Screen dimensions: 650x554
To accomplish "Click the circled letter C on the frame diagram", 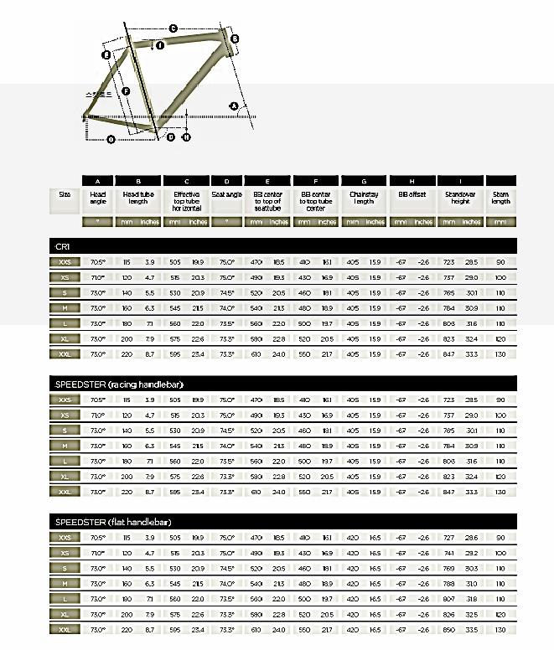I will coord(173,28).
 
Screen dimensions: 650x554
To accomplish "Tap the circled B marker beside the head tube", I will coord(235,39).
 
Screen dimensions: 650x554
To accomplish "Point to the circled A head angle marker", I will coord(234,106).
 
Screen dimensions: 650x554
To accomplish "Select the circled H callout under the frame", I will coord(186,137).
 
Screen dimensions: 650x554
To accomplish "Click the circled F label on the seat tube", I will coord(126,90).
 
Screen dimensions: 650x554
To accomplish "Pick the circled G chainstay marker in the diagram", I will coord(111,139).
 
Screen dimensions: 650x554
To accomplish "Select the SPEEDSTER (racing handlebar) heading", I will coord(119,384).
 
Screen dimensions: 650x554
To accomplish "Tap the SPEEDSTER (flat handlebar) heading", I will coord(113,522).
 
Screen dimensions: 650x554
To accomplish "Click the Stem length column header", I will coord(500,198).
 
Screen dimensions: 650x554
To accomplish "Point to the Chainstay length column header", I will coord(364,198).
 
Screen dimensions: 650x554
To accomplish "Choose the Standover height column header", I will coord(460,198).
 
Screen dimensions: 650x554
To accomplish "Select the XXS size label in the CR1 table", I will coord(65,262).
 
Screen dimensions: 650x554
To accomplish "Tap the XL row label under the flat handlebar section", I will coord(65,614).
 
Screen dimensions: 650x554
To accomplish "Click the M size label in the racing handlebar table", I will coord(65,446).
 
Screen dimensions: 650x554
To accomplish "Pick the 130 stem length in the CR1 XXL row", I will coord(500,354).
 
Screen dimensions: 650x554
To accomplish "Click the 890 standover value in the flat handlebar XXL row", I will coord(448,629).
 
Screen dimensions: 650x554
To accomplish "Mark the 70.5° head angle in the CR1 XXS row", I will coord(98,262).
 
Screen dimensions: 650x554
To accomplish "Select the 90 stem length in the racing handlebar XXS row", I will coord(500,400).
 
